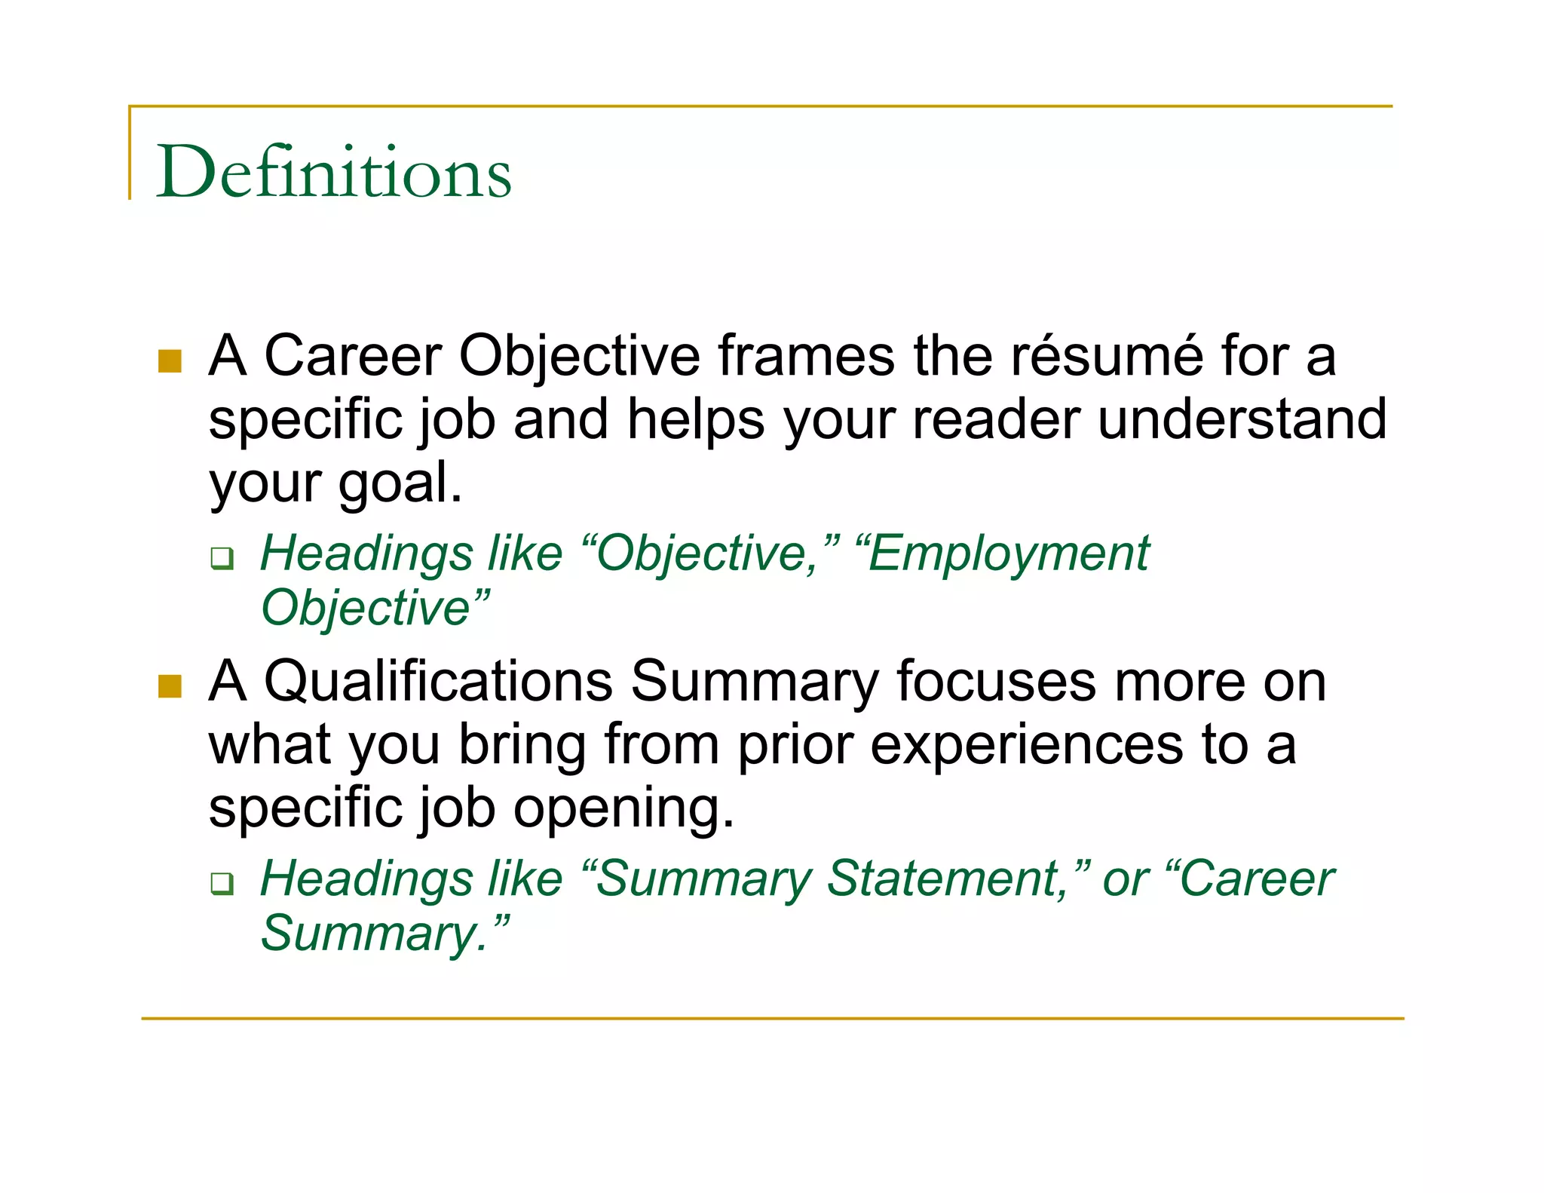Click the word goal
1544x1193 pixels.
[x=399, y=484]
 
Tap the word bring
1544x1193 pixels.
[x=522, y=745]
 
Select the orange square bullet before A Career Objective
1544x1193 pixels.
[x=170, y=361]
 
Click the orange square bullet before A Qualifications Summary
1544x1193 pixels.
[x=170, y=686]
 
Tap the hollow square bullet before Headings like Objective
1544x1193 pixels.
[x=222, y=559]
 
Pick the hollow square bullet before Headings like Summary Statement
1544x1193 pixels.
[x=222, y=884]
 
